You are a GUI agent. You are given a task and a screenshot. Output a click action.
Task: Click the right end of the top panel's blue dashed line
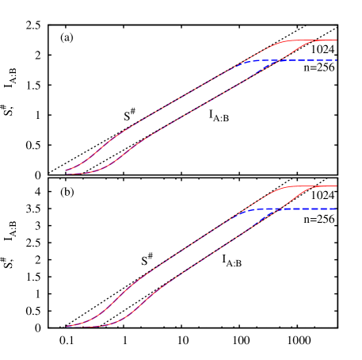pyautogui.click(x=337, y=60)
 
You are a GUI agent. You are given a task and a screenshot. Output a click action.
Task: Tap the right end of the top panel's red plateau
pyautogui.click(x=337, y=40)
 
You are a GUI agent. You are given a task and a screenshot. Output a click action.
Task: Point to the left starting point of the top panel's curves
pyautogui.click(x=66, y=170)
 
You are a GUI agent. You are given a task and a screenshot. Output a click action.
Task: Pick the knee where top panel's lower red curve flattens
pyautogui.click(x=314, y=40)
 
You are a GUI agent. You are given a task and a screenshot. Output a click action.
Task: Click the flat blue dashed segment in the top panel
pyautogui.click(x=305, y=60)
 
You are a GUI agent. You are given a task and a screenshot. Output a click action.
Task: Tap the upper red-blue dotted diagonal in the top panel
pyautogui.click(x=182, y=98)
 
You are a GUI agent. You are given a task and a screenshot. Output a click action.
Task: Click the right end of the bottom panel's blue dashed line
pyautogui.click(x=337, y=209)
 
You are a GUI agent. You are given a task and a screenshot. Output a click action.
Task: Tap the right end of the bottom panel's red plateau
pyautogui.click(x=337, y=186)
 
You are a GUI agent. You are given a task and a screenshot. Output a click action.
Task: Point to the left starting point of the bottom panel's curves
pyautogui.click(x=66, y=326)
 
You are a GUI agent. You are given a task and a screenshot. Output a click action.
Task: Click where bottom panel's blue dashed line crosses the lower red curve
pyautogui.click(x=277, y=209)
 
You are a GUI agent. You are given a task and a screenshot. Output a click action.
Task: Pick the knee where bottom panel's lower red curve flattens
pyautogui.click(x=316, y=187)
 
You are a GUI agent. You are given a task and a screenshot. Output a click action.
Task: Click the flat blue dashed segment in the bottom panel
pyautogui.click(x=305, y=209)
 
